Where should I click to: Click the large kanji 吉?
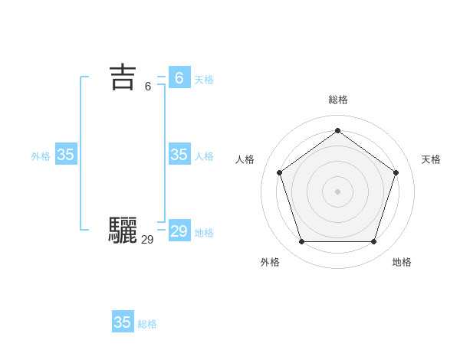(123, 77)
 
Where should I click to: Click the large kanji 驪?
(123, 230)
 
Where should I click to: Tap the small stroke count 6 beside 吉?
(148, 87)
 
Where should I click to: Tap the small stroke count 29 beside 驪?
(148, 240)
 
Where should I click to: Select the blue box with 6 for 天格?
(179, 78)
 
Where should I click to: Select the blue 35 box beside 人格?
(179, 155)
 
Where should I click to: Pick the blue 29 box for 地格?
(179, 231)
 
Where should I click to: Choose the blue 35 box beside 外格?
(66, 155)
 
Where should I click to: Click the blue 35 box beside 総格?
(123, 322)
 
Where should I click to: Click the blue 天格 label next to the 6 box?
(204, 80)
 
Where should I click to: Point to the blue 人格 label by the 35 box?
(204, 156)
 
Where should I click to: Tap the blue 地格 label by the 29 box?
(204, 233)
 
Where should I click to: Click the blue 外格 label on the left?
(41, 156)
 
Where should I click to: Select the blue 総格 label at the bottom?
(147, 324)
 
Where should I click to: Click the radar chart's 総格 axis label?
(338, 100)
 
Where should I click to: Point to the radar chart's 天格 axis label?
(431, 159)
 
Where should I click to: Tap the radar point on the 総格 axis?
(337, 130)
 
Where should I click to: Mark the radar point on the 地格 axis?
(373, 241)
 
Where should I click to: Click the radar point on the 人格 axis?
(279, 172)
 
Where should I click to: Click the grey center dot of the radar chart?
(337, 191)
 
